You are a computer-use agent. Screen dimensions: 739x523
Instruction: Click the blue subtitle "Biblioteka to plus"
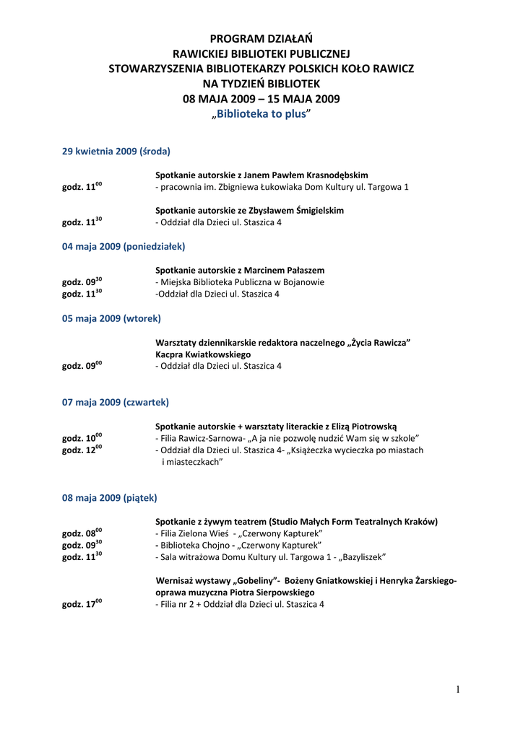[x=261, y=115]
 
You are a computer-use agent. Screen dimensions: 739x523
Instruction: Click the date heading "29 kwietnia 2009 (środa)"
[x=116, y=152]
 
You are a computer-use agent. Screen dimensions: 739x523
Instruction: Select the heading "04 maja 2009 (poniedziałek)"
[x=124, y=246]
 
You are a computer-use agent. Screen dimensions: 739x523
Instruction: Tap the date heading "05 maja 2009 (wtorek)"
[x=111, y=318]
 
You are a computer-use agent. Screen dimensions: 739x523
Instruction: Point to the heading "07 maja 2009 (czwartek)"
[x=116, y=402]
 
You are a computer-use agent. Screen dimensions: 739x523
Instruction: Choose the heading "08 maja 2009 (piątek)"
[x=109, y=498]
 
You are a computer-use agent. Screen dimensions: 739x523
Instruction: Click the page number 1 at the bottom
[x=458, y=690]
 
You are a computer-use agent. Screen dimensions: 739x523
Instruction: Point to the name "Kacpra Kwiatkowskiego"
[x=203, y=355]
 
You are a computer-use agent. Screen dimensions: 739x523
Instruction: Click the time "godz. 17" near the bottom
[x=82, y=605]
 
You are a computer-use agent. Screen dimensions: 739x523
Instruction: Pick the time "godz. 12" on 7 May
[x=82, y=450]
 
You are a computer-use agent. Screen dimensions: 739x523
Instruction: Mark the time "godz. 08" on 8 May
[x=82, y=533]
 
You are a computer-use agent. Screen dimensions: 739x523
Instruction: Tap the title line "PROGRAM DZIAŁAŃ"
[x=261, y=38]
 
